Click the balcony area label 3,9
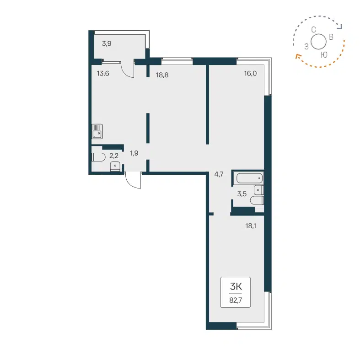pos(106,44)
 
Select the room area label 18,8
pos(162,75)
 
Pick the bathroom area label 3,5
pos(242,193)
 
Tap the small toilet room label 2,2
pos(114,156)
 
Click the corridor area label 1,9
pos(134,153)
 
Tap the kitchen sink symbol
pos(97,132)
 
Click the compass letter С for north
pos(314,30)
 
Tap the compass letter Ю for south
pos(324,54)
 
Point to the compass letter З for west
pos(306,46)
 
